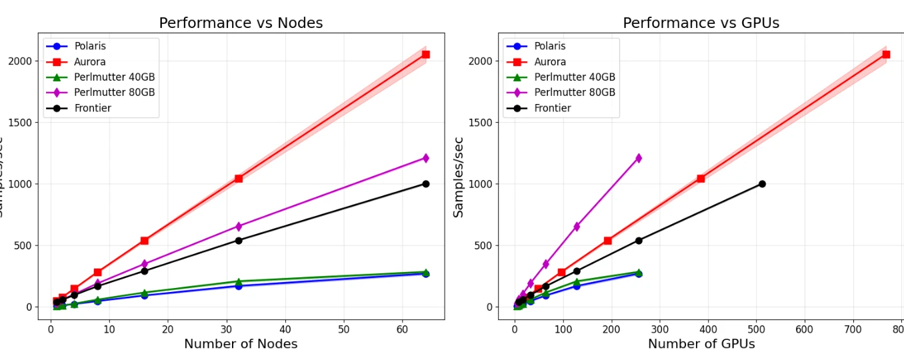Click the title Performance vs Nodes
(241, 23)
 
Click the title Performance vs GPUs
(701, 23)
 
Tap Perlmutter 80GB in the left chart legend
(114, 93)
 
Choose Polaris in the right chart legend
(549, 47)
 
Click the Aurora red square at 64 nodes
(425, 55)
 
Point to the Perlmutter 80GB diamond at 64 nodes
(425, 158)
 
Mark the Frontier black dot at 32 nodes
(239, 241)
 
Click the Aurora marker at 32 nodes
(239, 179)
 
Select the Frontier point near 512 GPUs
(762, 184)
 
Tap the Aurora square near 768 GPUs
(886, 55)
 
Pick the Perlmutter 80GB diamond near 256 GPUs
(638, 158)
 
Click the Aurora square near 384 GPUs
(701, 179)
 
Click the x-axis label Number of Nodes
(241, 344)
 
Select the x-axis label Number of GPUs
(701, 344)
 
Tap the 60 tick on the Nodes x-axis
(402, 329)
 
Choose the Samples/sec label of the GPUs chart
(459, 177)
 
